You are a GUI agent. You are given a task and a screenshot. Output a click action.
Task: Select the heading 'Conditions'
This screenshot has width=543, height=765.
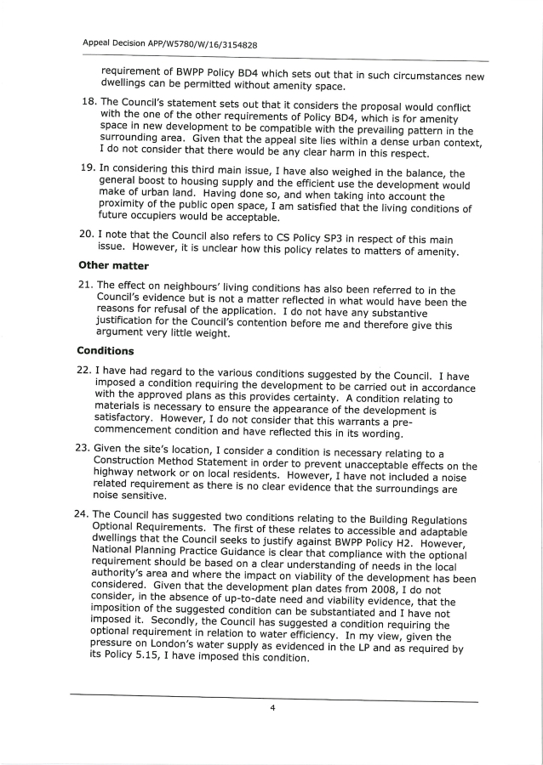[106, 350]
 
